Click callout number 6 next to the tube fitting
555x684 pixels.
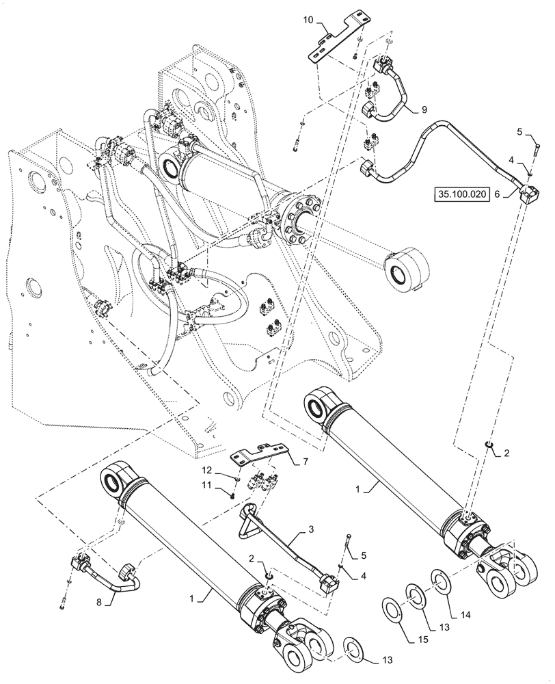click(x=498, y=195)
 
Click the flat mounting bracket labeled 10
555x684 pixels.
click(x=335, y=37)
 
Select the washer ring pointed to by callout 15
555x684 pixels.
click(x=393, y=608)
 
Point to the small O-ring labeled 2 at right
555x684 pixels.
click(x=487, y=446)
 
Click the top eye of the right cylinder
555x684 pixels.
click(x=318, y=407)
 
